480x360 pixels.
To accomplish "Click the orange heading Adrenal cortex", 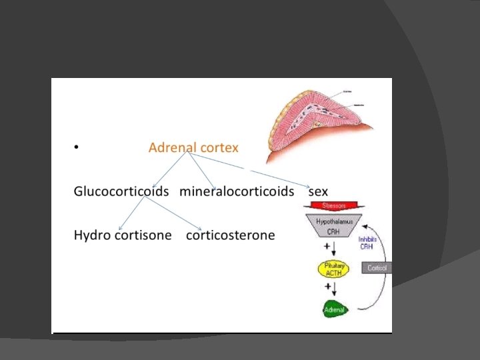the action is [193, 147].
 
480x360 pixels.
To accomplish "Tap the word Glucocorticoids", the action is [122, 191].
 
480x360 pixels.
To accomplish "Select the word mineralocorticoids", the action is [237, 191].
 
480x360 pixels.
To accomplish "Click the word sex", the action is [318, 192].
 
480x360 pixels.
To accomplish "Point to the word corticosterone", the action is [230, 235].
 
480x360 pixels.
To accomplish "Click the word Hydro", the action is [91, 235].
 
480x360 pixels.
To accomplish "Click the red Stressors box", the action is [334, 205].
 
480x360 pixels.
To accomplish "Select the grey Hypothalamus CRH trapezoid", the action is [334, 226].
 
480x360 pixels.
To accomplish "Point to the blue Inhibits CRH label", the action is [367, 242].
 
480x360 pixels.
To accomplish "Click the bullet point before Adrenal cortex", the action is [77, 148].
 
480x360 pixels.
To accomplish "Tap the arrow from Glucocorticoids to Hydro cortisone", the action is [137, 212].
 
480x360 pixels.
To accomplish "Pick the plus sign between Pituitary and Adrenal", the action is [327, 287].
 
